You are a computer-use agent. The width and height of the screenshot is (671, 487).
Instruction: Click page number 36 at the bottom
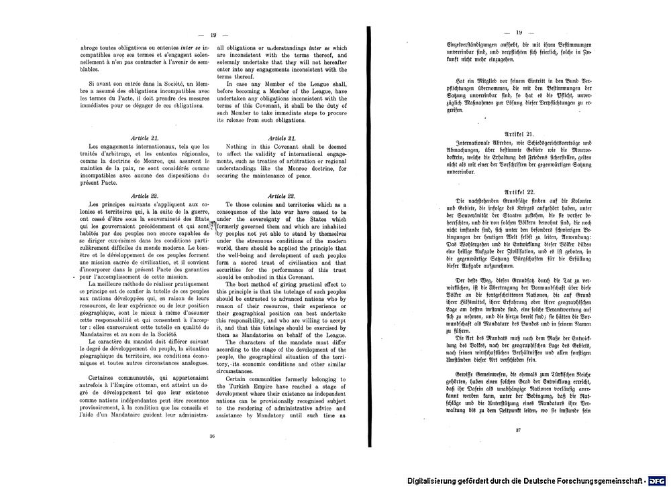click(x=212, y=436)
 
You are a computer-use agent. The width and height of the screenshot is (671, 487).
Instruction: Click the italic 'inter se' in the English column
click(x=319, y=48)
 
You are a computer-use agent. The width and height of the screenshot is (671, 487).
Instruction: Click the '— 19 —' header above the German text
click(x=519, y=32)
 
